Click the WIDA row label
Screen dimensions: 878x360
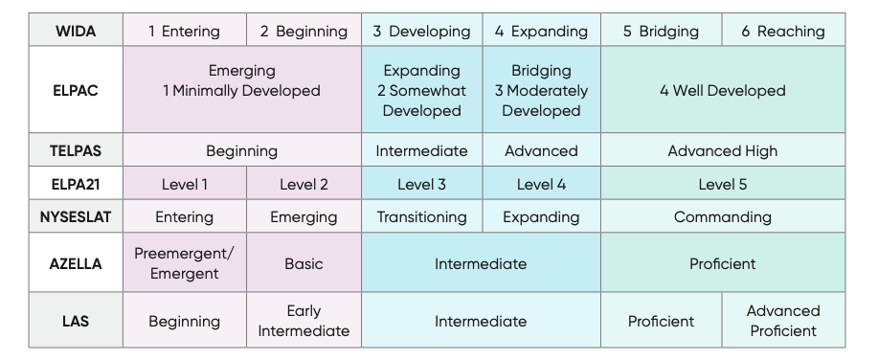coord(75,31)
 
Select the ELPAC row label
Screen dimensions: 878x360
coord(75,91)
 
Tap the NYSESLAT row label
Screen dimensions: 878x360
coord(75,217)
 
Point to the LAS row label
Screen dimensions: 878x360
coord(75,321)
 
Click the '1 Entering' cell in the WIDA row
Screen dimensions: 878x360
coord(184,31)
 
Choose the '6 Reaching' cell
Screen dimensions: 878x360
coord(783,31)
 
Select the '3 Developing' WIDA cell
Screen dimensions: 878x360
coord(421,31)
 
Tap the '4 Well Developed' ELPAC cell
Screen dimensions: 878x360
coord(722,91)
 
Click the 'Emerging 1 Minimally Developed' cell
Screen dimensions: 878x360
coord(241,80)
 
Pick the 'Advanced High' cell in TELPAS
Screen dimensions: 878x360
coord(722,150)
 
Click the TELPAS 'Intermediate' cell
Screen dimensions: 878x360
coord(421,150)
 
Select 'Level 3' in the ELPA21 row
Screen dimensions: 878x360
coord(421,184)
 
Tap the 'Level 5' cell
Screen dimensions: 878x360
coord(722,184)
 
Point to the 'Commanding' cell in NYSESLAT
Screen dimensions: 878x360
coord(722,217)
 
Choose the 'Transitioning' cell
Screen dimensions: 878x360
coord(421,217)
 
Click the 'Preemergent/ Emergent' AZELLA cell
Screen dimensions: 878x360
coord(184,263)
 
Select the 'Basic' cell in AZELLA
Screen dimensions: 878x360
coord(304,263)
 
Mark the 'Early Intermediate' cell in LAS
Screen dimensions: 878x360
coord(304,321)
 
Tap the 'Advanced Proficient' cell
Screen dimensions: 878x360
coord(783,321)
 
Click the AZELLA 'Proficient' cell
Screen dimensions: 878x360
coord(722,263)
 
